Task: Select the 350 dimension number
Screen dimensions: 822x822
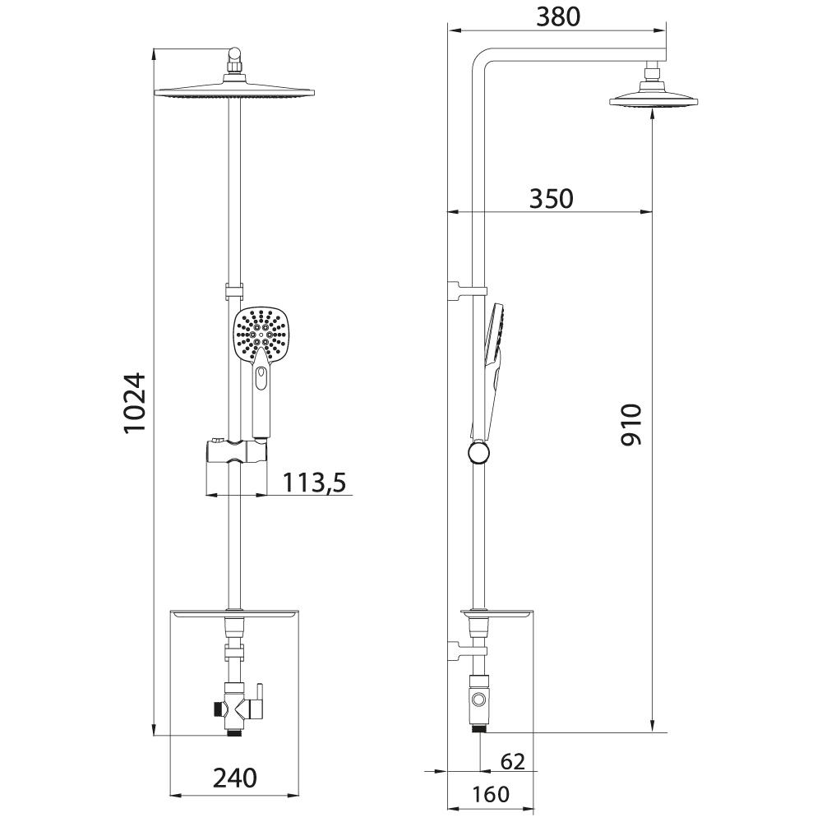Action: pos(551,199)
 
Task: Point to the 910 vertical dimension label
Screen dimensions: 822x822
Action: pos(630,425)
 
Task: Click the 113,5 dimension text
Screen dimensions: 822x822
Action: pos(315,483)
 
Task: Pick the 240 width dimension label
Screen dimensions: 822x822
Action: pos(235,778)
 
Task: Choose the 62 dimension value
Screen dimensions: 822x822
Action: pos(513,761)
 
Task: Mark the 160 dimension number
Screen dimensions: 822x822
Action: pos(490,794)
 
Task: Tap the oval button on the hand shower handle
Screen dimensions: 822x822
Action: pos(261,377)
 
